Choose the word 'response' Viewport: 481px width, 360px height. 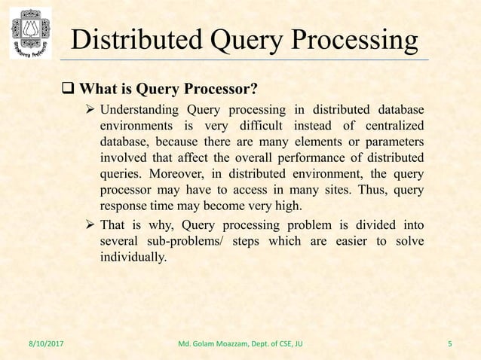point(123,205)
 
